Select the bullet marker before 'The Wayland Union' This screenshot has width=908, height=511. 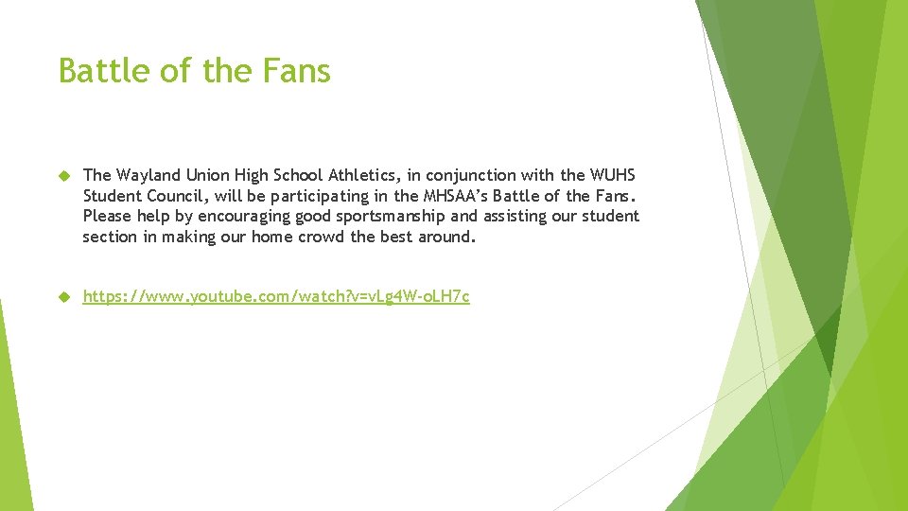coord(64,175)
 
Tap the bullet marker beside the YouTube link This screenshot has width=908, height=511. coord(64,297)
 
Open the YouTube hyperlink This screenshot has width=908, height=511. coord(276,297)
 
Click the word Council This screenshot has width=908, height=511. coord(175,196)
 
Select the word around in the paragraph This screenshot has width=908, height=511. coord(445,237)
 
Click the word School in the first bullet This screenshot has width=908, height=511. coord(296,175)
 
